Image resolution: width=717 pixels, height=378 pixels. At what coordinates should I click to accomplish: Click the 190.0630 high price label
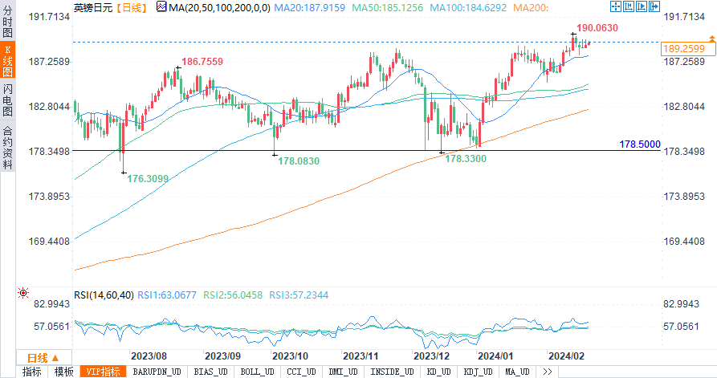click(597, 27)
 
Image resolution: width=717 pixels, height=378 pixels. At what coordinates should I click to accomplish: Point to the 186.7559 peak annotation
click(202, 61)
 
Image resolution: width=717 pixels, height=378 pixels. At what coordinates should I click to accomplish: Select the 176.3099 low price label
click(149, 178)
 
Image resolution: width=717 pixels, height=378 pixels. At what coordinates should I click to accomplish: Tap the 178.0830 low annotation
click(299, 161)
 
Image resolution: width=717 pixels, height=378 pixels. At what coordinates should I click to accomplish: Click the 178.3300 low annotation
click(466, 159)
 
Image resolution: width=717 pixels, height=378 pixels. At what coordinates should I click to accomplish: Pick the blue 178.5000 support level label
click(640, 144)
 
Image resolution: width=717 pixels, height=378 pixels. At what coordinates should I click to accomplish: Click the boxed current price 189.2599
click(687, 49)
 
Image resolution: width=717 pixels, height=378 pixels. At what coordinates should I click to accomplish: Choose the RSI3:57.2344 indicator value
click(299, 295)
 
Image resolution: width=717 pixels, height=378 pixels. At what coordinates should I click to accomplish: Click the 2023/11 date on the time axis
click(361, 356)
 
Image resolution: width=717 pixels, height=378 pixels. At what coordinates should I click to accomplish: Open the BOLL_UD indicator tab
click(256, 372)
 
